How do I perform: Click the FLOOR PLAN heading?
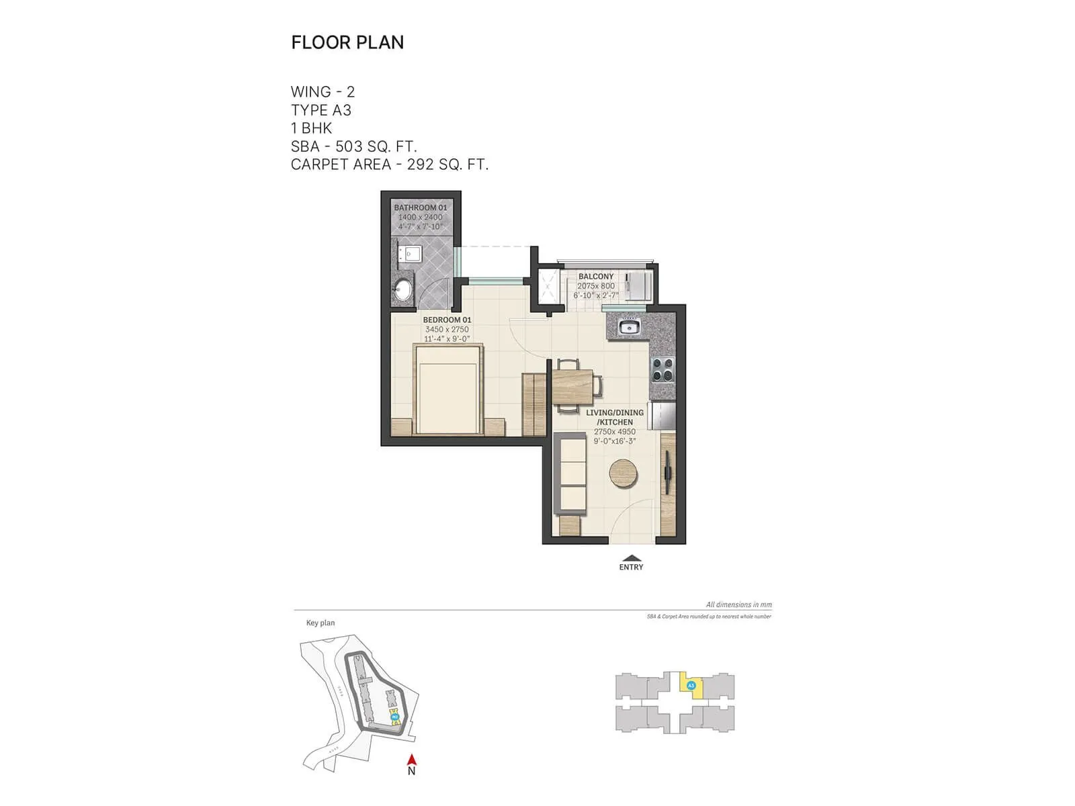(347, 42)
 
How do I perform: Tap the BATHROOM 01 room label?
(420, 208)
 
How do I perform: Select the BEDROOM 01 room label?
(447, 320)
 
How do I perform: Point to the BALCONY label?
(596, 276)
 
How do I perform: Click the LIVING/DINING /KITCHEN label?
(615, 417)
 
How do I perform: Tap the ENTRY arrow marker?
(631, 558)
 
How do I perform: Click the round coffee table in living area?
(623, 473)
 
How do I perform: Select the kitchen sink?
(629, 327)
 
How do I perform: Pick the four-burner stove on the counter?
(662, 370)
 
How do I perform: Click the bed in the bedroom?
(448, 390)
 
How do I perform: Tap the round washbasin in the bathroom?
(403, 290)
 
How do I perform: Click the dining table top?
(573, 386)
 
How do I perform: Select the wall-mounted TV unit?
(669, 474)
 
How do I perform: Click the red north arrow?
(412, 760)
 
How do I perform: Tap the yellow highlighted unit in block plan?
(691, 686)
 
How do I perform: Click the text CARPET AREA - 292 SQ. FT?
(390, 165)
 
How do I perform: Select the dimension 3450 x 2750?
(447, 329)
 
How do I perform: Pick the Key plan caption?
(320, 623)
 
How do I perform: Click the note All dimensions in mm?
(738, 604)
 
